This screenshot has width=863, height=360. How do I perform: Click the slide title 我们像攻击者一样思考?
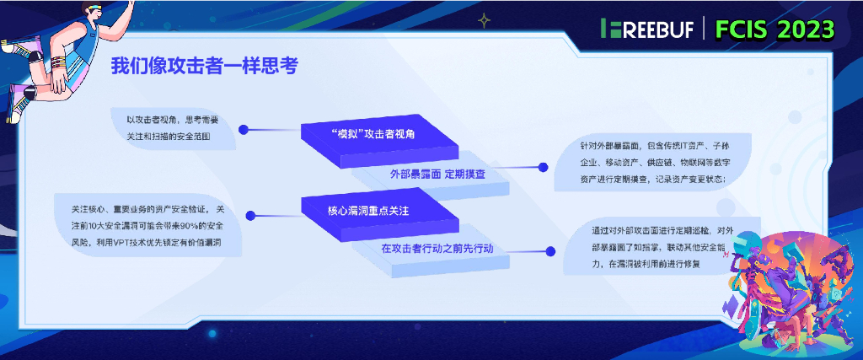(204, 67)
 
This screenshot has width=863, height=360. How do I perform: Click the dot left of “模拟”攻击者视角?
(243, 130)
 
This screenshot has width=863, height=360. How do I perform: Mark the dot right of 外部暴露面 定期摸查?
(544, 167)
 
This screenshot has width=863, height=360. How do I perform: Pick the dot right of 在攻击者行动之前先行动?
(550, 251)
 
